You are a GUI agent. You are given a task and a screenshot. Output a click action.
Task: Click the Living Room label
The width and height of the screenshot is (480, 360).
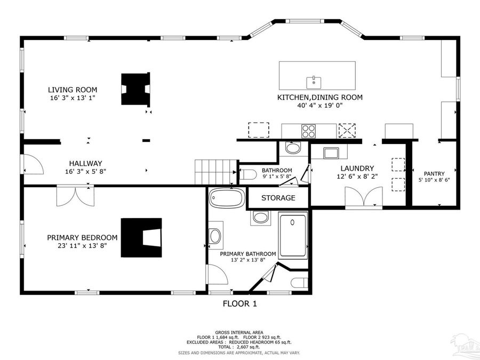(73, 90)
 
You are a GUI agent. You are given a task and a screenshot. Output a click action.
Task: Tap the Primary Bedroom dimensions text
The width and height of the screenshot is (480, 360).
(82, 246)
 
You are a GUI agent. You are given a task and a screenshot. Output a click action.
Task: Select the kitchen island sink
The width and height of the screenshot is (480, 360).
(314, 82)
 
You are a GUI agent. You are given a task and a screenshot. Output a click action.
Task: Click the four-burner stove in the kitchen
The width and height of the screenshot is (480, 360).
(309, 131)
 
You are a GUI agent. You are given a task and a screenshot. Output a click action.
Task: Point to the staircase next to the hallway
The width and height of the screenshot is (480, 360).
(215, 172)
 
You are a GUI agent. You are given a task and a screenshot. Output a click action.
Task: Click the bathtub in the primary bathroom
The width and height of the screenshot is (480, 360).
(226, 198)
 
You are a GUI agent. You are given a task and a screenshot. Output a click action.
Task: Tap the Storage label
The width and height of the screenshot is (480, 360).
(278, 198)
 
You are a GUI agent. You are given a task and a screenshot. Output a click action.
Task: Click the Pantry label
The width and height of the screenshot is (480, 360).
(434, 173)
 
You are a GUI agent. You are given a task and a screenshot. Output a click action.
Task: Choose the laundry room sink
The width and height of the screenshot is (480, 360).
(331, 153)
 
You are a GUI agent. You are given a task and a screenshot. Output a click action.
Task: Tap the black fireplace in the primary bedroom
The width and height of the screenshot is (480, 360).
(141, 237)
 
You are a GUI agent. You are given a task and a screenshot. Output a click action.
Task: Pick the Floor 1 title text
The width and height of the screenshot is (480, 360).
(239, 304)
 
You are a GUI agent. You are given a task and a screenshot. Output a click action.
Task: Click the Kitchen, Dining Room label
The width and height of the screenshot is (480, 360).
(319, 98)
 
